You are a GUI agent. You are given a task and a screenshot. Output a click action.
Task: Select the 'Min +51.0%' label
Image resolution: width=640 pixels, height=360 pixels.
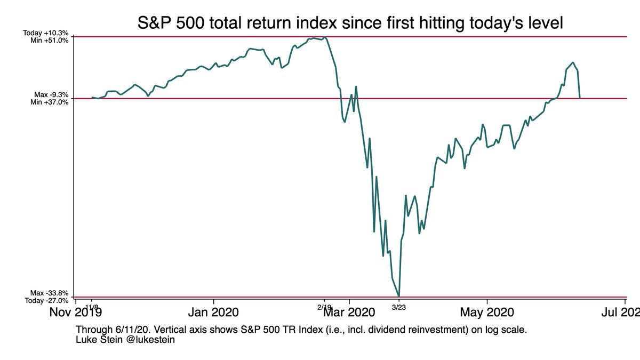50,40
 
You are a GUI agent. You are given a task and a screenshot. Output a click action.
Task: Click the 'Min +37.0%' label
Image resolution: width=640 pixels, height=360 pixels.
50,102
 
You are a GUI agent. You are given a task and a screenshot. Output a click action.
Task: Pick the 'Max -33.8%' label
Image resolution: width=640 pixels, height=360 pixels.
49,293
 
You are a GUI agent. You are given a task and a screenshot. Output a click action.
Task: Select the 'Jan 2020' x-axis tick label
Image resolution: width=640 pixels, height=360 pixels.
214,312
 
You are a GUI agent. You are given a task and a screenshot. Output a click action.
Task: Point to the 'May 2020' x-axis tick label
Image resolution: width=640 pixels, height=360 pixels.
487,312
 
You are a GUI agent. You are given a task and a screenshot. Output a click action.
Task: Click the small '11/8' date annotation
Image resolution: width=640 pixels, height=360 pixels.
91,307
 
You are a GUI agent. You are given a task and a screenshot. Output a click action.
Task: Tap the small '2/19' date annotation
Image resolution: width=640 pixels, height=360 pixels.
324,307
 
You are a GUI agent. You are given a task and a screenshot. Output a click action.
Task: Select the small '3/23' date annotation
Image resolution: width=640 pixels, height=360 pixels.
398,307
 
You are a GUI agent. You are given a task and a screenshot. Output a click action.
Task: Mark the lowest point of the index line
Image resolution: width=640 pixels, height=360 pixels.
399,296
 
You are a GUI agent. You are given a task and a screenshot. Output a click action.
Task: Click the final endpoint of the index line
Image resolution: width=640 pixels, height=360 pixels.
580,98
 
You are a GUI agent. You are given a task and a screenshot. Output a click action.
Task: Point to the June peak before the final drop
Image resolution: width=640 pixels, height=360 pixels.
573,62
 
